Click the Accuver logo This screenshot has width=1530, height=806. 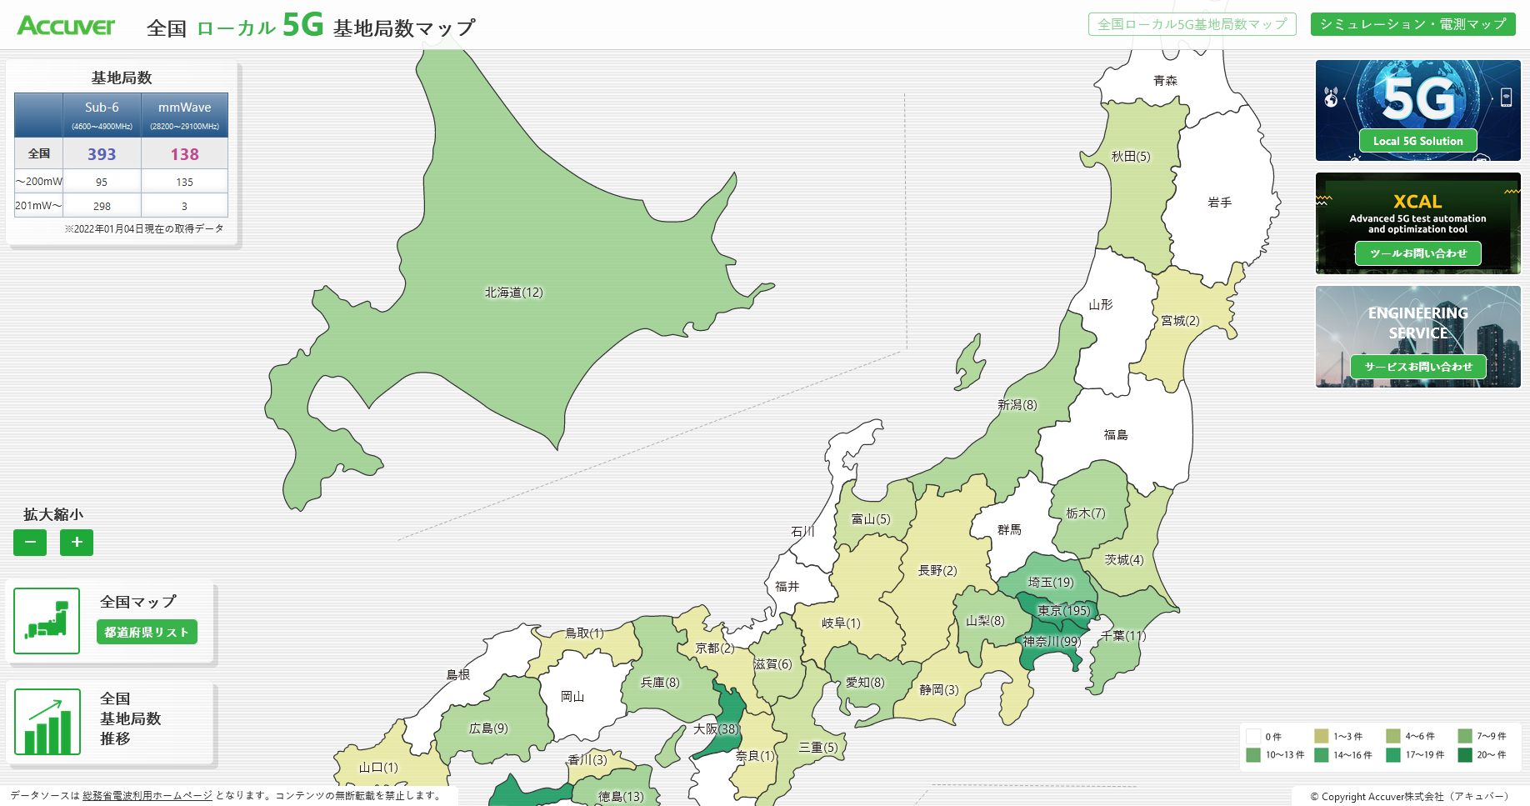(x=66, y=26)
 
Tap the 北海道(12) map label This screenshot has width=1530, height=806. (x=513, y=293)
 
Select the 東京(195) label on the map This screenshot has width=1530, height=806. (x=1063, y=611)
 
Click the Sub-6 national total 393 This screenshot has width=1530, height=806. (x=102, y=154)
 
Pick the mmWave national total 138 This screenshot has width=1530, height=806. (x=184, y=154)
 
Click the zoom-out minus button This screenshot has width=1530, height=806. (x=30, y=543)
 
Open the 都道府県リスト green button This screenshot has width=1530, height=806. (x=147, y=632)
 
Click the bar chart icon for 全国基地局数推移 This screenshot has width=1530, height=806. (x=47, y=722)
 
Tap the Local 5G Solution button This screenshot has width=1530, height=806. (x=1417, y=141)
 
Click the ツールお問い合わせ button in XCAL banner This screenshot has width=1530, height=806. (x=1417, y=253)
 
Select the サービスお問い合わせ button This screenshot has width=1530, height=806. (x=1417, y=367)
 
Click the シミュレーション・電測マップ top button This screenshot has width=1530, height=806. (x=1412, y=24)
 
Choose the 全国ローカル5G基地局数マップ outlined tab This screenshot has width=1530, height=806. (x=1192, y=24)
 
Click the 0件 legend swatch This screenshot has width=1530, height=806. (x=1253, y=737)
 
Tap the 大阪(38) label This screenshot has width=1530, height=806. (x=716, y=728)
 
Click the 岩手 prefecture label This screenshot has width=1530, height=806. (x=1219, y=203)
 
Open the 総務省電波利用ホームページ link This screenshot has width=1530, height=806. (x=147, y=795)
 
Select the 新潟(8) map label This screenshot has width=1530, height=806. (x=1017, y=405)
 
